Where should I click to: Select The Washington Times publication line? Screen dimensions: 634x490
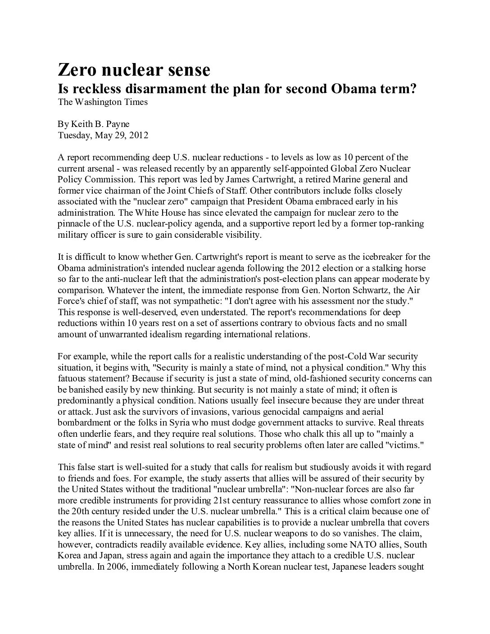(x=103, y=102)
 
